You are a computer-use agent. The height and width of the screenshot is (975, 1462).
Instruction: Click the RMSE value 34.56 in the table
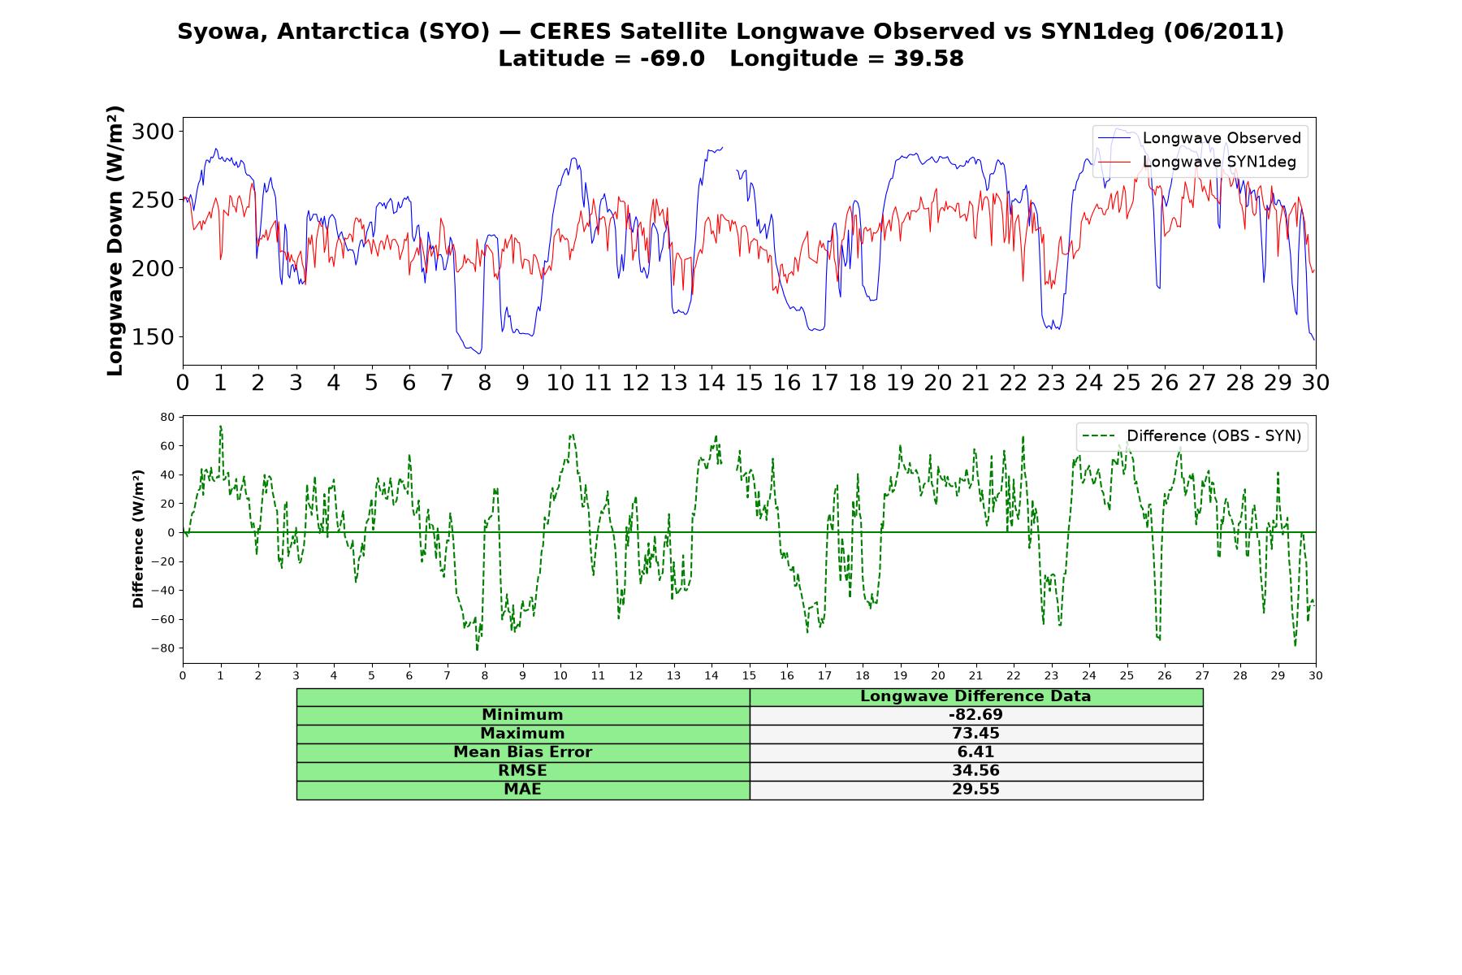coord(975,770)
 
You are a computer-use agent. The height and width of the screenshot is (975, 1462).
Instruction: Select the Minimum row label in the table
coord(522,715)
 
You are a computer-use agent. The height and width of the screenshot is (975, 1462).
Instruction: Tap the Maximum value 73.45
coord(975,734)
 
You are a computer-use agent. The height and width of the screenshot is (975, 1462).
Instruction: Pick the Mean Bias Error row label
coord(522,752)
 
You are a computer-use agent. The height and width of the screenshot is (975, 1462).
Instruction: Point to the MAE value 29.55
coord(975,789)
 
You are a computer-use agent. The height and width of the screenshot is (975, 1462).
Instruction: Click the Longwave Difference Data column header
coord(975,696)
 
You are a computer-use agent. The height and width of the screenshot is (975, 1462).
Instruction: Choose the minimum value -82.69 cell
coord(975,715)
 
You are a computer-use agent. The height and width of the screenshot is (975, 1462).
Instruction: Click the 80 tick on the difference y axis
coord(167,418)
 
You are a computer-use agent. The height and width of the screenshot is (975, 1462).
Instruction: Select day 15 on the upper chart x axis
coord(749,382)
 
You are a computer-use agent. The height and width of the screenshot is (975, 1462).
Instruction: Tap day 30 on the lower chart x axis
coord(1316,675)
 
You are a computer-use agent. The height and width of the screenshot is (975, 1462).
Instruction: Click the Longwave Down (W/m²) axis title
coord(115,240)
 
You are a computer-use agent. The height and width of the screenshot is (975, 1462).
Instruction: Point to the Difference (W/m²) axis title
coord(138,539)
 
